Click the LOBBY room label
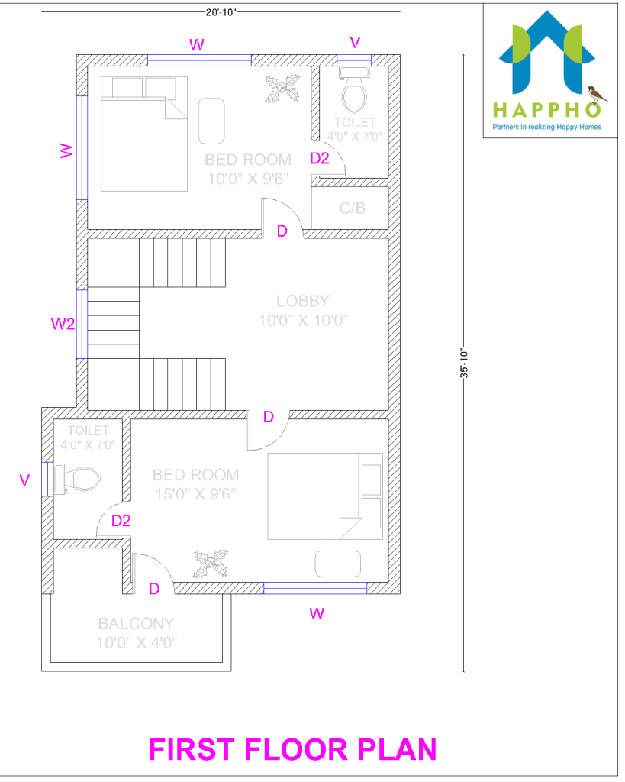[303, 301]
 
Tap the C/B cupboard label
[353, 208]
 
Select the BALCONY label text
[136, 623]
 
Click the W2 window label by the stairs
[63, 324]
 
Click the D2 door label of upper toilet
[319, 158]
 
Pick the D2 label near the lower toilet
[121, 522]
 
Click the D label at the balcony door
[154, 589]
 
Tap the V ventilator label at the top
[354, 41]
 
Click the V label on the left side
[24, 480]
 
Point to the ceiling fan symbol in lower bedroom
[211, 566]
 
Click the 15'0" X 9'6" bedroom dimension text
[195, 493]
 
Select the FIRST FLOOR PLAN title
[293, 749]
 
